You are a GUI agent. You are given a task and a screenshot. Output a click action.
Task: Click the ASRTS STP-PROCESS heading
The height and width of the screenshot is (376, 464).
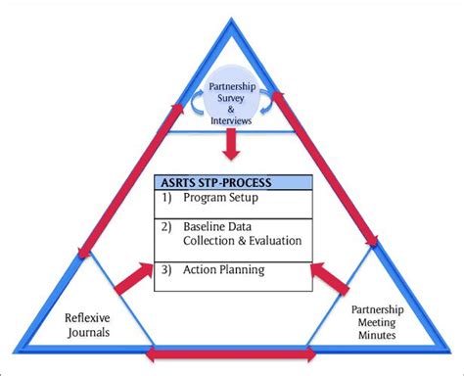pos(213,182)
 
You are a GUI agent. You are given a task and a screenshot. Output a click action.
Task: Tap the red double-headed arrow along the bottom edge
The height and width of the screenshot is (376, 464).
pos(231,353)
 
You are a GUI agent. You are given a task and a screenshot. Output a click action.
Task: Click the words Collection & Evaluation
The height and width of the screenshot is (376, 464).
pos(240,240)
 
